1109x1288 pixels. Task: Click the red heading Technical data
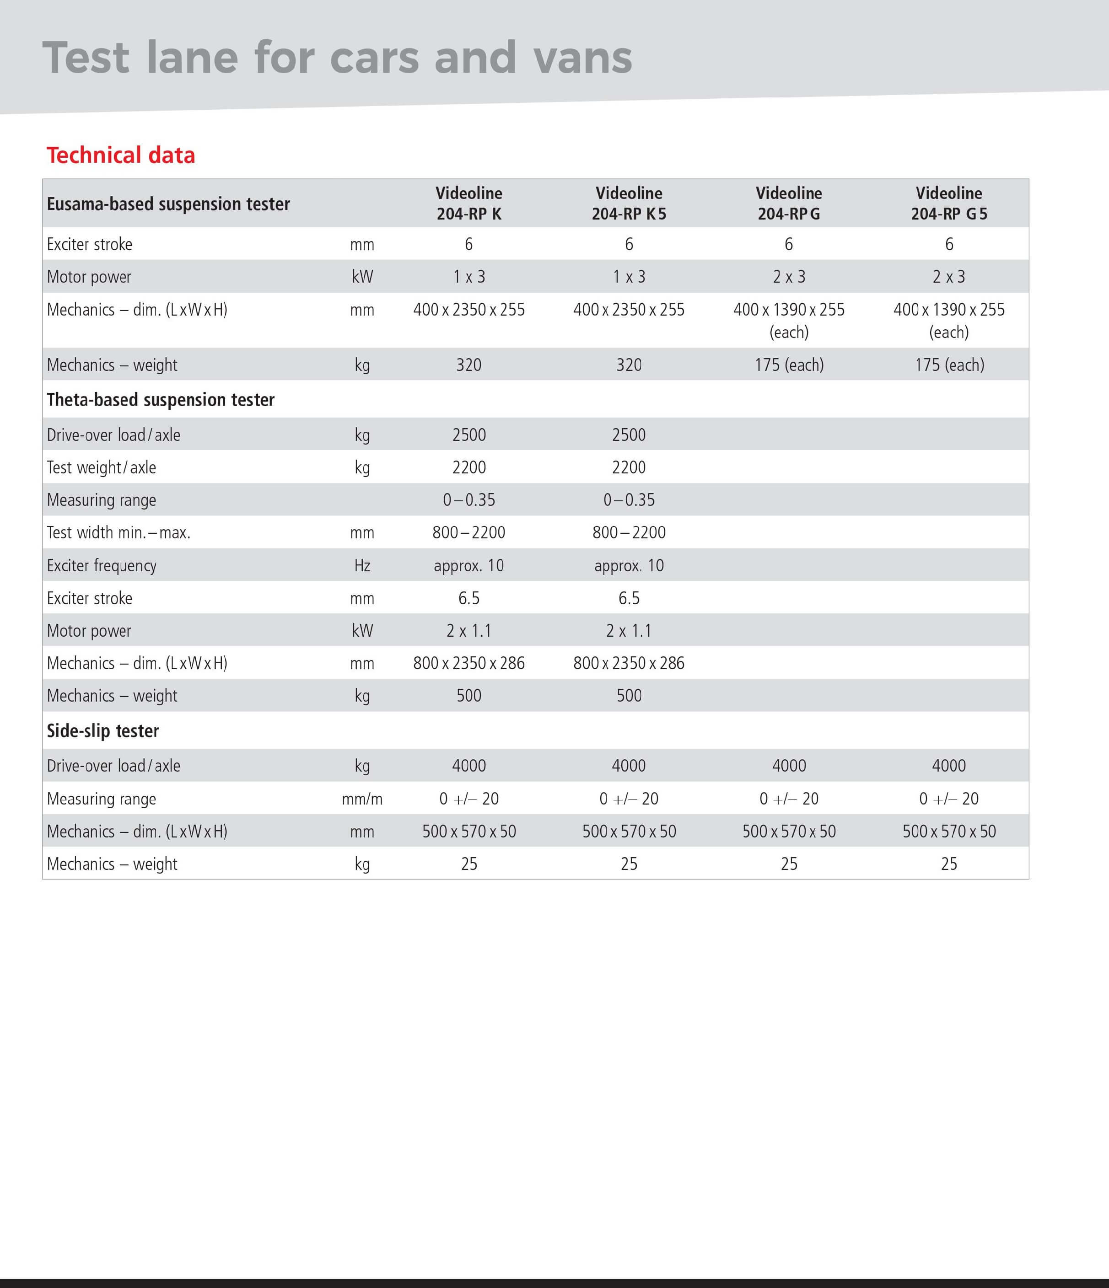coord(121,156)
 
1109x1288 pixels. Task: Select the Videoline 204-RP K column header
coord(468,203)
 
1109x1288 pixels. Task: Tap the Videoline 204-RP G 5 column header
coord(948,203)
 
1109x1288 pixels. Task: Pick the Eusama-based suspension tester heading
coord(168,204)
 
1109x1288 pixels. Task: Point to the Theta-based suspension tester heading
coord(161,400)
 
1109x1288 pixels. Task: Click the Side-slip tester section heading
coord(102,731)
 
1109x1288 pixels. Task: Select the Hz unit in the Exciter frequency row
coord(362,566)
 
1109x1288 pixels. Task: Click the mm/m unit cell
coord(362,799)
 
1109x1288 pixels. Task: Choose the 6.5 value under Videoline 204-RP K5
coord(629,598)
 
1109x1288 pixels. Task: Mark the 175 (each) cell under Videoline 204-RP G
coord(789,365)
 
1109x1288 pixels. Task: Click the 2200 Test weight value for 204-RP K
coord(468,467)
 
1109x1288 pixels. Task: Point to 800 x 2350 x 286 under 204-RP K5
coord(629,663)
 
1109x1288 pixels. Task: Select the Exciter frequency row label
coord(101,566)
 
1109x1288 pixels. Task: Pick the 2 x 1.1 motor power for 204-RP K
coord(468,631)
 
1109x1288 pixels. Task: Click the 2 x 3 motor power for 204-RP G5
coord(948,277)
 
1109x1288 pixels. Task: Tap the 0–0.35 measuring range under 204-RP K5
coord(629,500)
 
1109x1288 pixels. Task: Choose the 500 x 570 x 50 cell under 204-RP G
coord(789,832)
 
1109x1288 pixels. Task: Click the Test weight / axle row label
coord(101,467)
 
